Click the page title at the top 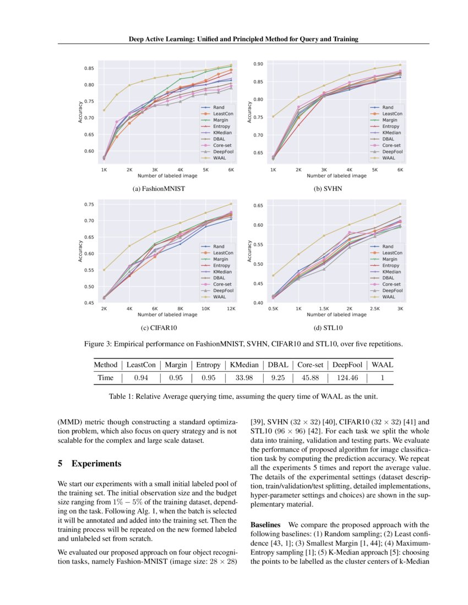[243, 39]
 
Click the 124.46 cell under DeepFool [346, 378]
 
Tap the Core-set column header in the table [309, 364]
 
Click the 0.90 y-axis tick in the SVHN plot [257, 64]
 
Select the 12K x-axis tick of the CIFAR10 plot [231, 309]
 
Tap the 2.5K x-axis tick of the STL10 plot [374, 309]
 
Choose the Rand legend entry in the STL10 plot [388, 247]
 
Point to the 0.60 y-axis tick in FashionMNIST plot [89, 151]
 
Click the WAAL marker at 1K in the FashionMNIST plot [104, 110]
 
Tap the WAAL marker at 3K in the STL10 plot [400, 204]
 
